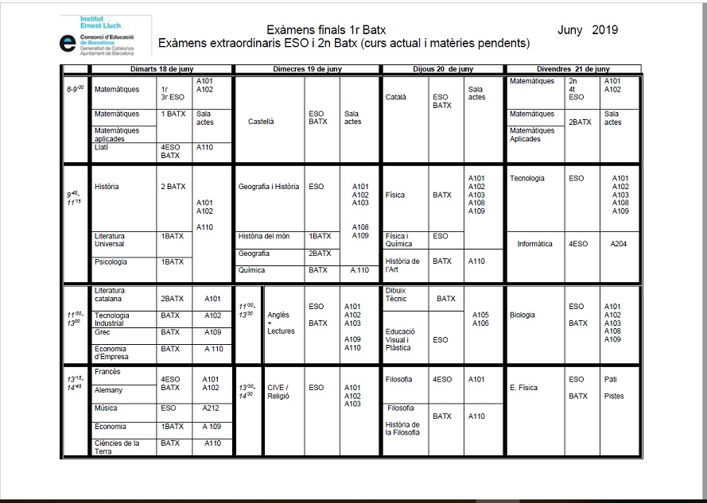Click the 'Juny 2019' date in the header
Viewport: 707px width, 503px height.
588,30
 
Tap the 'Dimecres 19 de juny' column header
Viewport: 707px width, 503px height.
306,69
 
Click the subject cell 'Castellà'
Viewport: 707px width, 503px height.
261,122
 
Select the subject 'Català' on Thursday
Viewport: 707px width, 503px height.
396,97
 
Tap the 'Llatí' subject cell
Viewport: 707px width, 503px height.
102,147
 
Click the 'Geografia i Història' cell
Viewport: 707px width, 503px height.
269,187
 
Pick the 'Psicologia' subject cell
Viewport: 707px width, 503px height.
111,261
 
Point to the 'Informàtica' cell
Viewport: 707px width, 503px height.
534,244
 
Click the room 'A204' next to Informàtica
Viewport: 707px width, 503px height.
619,244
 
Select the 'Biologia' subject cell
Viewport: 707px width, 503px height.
522,315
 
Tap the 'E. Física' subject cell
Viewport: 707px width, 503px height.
524,388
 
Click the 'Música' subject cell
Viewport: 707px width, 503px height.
106,408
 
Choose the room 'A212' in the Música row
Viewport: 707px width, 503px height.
211,408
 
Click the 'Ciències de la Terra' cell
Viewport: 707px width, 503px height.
117,447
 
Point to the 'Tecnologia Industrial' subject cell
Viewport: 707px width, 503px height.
112,319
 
